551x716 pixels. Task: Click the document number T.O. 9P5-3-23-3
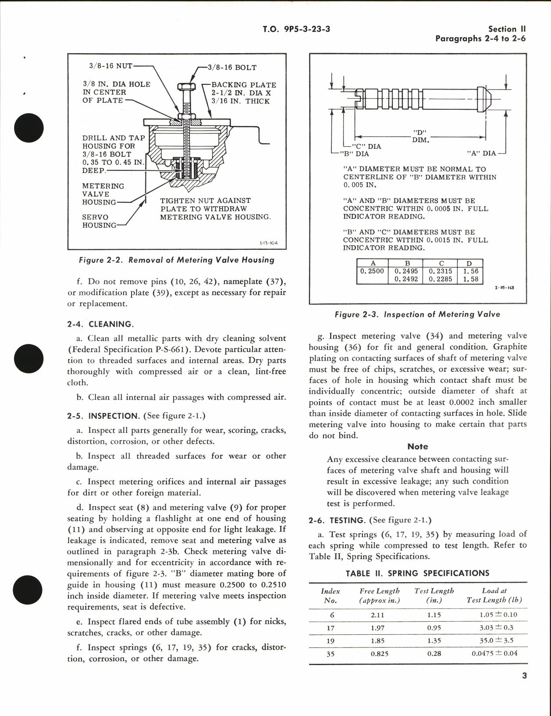(x=296, y=29)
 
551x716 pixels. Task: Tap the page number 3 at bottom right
(x=524, y=676)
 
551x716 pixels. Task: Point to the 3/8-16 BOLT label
(x=232, y=68)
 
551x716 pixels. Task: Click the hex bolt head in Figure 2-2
(x=183, y=86)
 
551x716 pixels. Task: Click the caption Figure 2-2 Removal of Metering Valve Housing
(x=176, y=260)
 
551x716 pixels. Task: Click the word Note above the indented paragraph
(x=417, y=446)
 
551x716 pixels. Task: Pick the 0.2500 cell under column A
(x=372, y=271)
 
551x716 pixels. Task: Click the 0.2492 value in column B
(x=406, y=279)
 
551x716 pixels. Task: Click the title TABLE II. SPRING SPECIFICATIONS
(x=417, y=573)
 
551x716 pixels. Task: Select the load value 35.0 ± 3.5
(x=496, y=640)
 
